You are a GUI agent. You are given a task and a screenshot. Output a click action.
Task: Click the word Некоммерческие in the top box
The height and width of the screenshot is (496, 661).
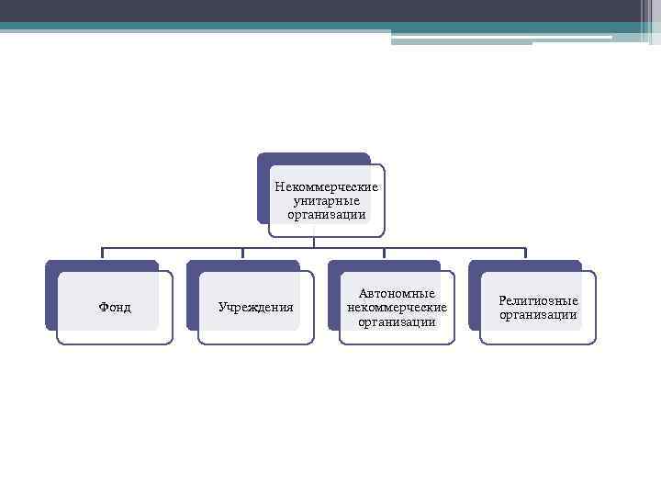[326, 186]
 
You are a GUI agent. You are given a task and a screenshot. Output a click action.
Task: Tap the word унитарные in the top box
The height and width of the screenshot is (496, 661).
[326, 200]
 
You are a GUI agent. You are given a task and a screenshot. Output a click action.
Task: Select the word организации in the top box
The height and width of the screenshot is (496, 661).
[326, 214]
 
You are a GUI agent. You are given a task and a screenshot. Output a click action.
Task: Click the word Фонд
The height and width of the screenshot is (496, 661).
[115, 307]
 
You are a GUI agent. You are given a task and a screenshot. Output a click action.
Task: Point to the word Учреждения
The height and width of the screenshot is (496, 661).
[256, 307]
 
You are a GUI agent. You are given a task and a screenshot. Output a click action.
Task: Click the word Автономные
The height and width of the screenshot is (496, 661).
[397, 293]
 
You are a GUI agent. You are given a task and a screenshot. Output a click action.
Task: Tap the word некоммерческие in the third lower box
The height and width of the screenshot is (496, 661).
[397, 307]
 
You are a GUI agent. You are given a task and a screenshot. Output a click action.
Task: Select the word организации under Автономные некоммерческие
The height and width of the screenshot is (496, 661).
[397, 321]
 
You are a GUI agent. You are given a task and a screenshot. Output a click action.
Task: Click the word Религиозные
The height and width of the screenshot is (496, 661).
[538, 300]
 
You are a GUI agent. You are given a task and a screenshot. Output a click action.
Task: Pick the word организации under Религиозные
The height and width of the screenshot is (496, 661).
[538, 314]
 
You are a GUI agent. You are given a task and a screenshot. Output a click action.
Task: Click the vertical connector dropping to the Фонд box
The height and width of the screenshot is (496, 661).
[102, 254]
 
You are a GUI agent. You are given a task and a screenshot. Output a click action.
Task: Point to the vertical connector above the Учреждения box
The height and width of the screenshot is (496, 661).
[242, 254]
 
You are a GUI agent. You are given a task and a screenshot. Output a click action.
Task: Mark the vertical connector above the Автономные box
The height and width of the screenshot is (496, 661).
[384, 254]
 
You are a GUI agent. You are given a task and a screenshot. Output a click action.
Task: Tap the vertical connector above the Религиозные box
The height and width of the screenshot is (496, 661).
[525, 254]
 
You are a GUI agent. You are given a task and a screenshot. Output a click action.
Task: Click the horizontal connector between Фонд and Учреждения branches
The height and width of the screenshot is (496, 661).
[173, 247]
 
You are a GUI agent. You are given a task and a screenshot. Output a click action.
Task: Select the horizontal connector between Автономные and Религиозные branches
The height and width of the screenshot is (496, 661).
[454, 247]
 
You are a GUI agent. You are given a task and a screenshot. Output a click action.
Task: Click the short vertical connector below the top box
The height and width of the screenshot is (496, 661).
[314, 242]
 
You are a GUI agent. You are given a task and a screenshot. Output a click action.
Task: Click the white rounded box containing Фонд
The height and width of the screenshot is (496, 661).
[115, 336]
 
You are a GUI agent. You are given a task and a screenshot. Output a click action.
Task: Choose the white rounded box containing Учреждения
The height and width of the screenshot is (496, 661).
[256, 336]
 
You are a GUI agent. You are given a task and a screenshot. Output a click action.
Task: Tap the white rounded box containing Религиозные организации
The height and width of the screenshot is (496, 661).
[538, 336]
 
